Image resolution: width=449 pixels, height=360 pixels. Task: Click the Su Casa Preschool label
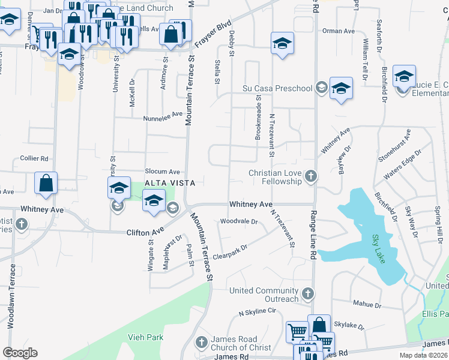[277, 89]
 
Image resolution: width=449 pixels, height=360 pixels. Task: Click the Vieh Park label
[145, 337]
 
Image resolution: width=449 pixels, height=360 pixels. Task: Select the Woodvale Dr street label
[238, 221]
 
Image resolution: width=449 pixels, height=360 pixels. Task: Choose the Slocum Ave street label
[163, 172]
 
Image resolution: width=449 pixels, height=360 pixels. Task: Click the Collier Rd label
[34, 158]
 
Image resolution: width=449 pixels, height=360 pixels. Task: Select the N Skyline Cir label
[257, 312]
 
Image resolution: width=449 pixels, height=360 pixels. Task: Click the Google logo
[20, 353]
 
